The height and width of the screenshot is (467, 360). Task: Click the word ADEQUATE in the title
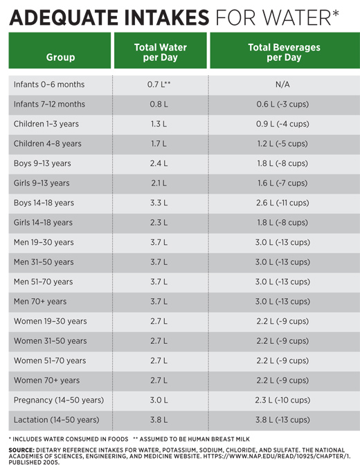tap(64, 17)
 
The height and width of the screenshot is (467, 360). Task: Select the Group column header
tap(60, 57)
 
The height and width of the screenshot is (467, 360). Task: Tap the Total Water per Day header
tap(161, 52)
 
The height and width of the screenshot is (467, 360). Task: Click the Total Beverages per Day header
tap(284, 52)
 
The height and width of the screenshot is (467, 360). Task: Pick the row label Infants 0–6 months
tap(49, 84)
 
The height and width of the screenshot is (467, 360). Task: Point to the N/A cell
tap(282, 84)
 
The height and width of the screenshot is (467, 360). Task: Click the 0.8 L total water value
tap(159, 104)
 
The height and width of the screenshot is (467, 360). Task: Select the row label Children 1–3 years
tap(46, 124)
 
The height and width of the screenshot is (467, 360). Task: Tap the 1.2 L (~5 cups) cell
tap(282, 143)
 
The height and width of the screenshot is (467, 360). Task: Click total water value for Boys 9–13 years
tap(159, 163)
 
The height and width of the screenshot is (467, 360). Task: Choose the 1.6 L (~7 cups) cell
tap(282, 183)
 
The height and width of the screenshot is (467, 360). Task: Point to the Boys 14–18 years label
tap(44, 203)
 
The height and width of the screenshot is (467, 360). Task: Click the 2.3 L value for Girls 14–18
tap(159, 223)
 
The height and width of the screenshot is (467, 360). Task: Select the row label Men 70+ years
tap(40, 302)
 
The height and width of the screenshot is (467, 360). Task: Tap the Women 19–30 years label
tap(50, 321)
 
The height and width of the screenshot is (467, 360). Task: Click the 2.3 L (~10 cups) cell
tap(282, 400)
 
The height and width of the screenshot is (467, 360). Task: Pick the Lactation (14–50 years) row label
tap(56, 420)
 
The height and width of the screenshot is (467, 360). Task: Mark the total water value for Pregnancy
tap(159, 400)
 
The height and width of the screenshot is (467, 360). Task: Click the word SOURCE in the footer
tap(21, 450)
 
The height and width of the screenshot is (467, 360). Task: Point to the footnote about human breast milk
tap(191, 439)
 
